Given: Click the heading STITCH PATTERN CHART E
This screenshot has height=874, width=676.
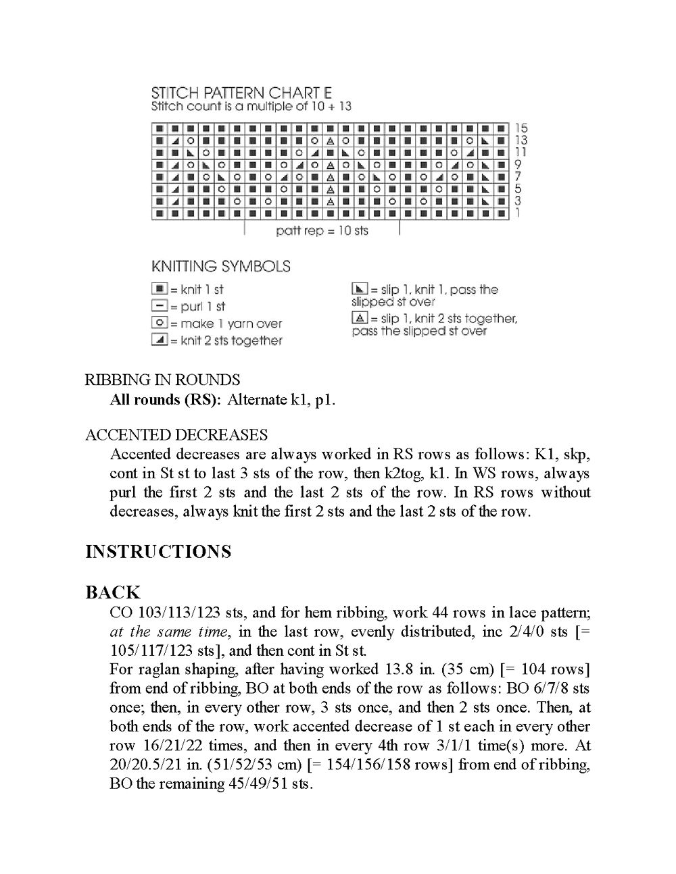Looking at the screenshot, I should [241, 93].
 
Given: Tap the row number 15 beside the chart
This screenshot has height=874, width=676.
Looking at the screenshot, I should [521, 128].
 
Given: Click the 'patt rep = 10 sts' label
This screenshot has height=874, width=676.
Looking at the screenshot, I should [322, 231].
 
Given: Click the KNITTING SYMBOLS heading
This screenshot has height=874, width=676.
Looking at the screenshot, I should [221, 266].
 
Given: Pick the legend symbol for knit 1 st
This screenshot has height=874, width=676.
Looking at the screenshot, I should [160, 289].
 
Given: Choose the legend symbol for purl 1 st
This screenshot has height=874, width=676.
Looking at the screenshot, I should [160, 306].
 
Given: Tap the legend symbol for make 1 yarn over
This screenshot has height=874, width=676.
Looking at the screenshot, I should [160, 323].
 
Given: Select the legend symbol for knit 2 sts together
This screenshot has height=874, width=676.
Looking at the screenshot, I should [160, 340].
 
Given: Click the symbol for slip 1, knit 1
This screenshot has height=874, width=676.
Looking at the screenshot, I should [360, 289].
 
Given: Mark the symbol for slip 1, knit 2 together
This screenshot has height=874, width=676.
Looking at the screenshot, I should [360, 317].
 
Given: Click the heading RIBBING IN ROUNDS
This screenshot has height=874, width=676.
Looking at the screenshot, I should [162, 380].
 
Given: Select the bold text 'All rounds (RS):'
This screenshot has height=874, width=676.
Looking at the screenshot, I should [166, 400].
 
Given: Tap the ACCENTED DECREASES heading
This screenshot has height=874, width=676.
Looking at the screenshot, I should [176, 435].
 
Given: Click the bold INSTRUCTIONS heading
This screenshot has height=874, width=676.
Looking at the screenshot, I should [158, 552].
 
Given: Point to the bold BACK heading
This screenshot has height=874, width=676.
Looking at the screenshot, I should [113, 592].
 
